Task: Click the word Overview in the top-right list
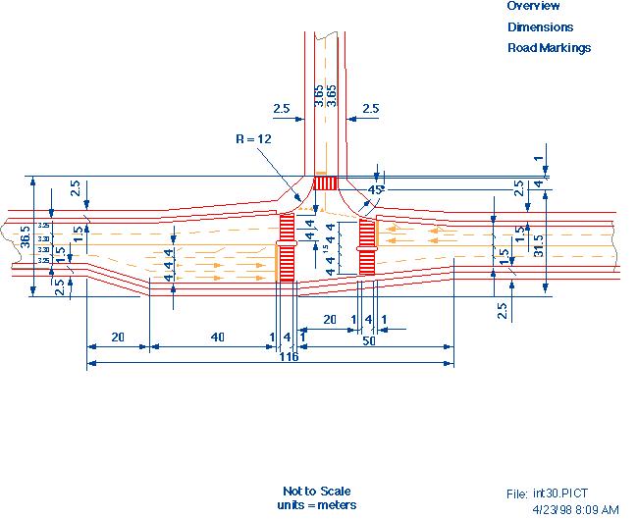tap(533, 6)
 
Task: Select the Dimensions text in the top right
tap(540, 27)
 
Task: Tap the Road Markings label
tap(549, 47)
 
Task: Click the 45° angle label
tap(374, 188)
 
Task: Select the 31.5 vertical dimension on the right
tap(537, 243)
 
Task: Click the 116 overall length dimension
tap(288, 356)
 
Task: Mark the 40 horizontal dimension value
tap(216, 337)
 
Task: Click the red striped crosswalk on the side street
tap(325, 182)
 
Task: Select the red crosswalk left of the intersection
tap(287, 249)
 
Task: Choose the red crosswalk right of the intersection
tap(367, 247)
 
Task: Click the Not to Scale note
tap(316, 491)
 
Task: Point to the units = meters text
tap(316, 504)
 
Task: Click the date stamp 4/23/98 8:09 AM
tap(575, 509)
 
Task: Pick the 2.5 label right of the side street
tap(370, 110)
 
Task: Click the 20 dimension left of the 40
tap(118, 337)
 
